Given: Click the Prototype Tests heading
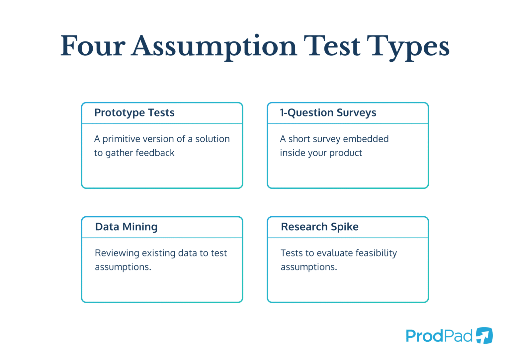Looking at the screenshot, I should [134, 113].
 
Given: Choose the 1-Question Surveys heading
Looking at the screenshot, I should [328, 113].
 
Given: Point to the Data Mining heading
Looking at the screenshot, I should [126, 227].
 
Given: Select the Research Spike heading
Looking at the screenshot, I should [319, 227].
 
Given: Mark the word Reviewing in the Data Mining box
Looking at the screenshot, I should [117, 253].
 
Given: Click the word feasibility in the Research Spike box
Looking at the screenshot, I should [376, 253].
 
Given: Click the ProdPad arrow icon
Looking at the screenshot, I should [484, 335].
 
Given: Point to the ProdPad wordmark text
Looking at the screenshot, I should [439, 336].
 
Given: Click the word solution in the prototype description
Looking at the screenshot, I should [212, 139].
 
